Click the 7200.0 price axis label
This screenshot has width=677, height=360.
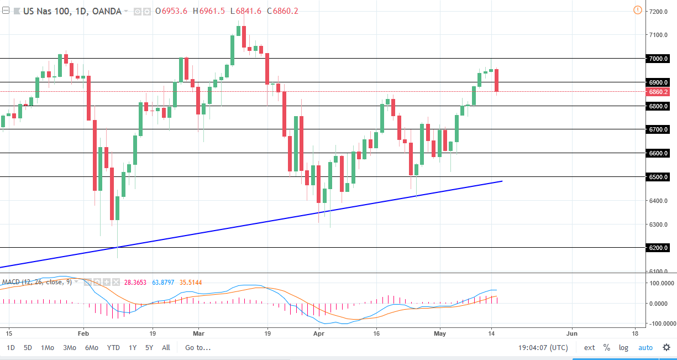pos(660,11)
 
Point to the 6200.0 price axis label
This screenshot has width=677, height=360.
pos(660,248)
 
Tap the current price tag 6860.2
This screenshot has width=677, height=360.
pos(660,91)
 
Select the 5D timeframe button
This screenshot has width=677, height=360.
pos(28,348)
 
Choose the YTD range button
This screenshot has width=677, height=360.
pos(113,348)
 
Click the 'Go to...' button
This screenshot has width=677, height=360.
pos(198,348)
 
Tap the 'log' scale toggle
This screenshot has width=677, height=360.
pos(623,348)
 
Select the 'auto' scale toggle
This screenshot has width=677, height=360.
pos(645,348)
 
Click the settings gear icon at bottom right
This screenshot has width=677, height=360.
pos(666,348)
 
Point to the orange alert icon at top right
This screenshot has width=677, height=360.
pos(638,10)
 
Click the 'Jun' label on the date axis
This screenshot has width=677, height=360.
pos(572,334)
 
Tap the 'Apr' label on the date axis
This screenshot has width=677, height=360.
pos(318,334)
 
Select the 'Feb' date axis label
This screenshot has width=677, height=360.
pos(83,334)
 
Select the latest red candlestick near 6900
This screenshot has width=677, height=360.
pos(497,80)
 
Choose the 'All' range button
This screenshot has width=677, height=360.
pos(166,348)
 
